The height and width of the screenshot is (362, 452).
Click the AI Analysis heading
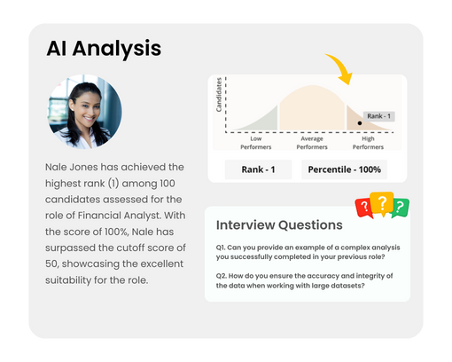(x=104, y=49)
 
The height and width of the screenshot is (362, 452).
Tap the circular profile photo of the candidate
(x=85, y=112)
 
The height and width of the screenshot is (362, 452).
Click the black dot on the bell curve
(x=360, y=123)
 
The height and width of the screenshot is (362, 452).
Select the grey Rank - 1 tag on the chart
(x=378, y=116)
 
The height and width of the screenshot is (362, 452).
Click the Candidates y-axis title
(x=219, y=95)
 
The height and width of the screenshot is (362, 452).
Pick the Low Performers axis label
(x=256, y=143)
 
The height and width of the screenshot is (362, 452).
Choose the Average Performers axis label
(x=312, y=143)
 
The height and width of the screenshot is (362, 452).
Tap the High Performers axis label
(x=368, y=143)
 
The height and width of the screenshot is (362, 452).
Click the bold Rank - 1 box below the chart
(x=258, y=169)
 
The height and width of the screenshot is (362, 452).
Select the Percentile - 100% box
(x=344, y=169)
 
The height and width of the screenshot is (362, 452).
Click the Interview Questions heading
(x=279, y=225)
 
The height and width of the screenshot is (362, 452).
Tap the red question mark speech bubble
(x=364, y=208)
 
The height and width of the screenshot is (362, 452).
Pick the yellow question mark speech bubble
(x=382, y=203)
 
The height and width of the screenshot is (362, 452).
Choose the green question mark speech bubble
(x=401, y=208)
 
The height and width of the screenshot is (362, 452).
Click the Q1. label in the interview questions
(x=221, y=248)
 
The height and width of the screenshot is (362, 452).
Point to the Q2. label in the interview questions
(x=222, y=276)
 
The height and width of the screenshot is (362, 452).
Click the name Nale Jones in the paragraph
(x=72, y=167)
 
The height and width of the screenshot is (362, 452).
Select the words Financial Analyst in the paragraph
(x=120, y=216)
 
